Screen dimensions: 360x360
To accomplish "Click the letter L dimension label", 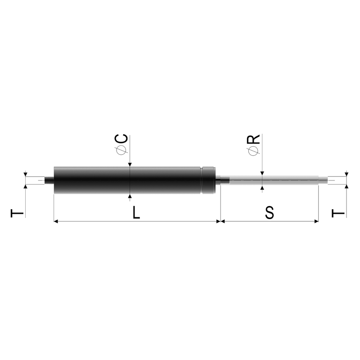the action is [x=136, y=212].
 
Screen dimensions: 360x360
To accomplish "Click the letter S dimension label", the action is [x=270, y=212].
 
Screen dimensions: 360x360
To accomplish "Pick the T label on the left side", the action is [x=17, y=213].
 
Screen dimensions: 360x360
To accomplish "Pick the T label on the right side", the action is [x=338, y=213].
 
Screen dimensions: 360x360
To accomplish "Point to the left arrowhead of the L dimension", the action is [x=56, y=221].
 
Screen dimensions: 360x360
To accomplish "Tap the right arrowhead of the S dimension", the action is [x=316, y=221].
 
